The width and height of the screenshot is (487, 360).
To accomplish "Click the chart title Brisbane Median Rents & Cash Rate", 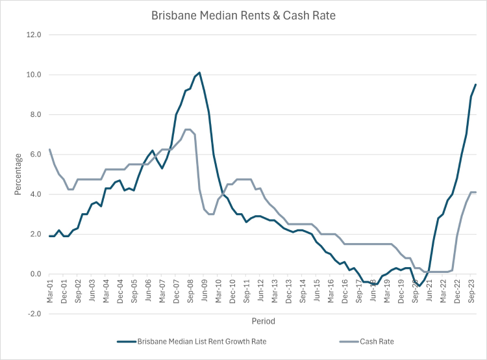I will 243,15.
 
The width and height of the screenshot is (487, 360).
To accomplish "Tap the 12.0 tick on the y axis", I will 33,35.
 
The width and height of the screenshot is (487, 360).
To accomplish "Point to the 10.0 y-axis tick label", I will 33,75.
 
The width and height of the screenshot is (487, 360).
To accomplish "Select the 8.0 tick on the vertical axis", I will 34,115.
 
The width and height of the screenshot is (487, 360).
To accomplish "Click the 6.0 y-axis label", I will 34,155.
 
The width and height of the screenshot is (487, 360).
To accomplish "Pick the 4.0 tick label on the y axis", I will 34,194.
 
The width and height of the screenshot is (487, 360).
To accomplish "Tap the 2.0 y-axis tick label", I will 34,235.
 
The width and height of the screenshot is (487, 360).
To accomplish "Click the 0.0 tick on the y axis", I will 34,274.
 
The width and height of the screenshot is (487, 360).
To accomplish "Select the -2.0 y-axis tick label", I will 33,314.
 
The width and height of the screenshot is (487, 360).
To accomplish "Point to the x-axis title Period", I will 264,321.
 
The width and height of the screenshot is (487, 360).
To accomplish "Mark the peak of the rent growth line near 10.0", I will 199,72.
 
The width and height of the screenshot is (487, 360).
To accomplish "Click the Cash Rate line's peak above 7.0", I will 188,129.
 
